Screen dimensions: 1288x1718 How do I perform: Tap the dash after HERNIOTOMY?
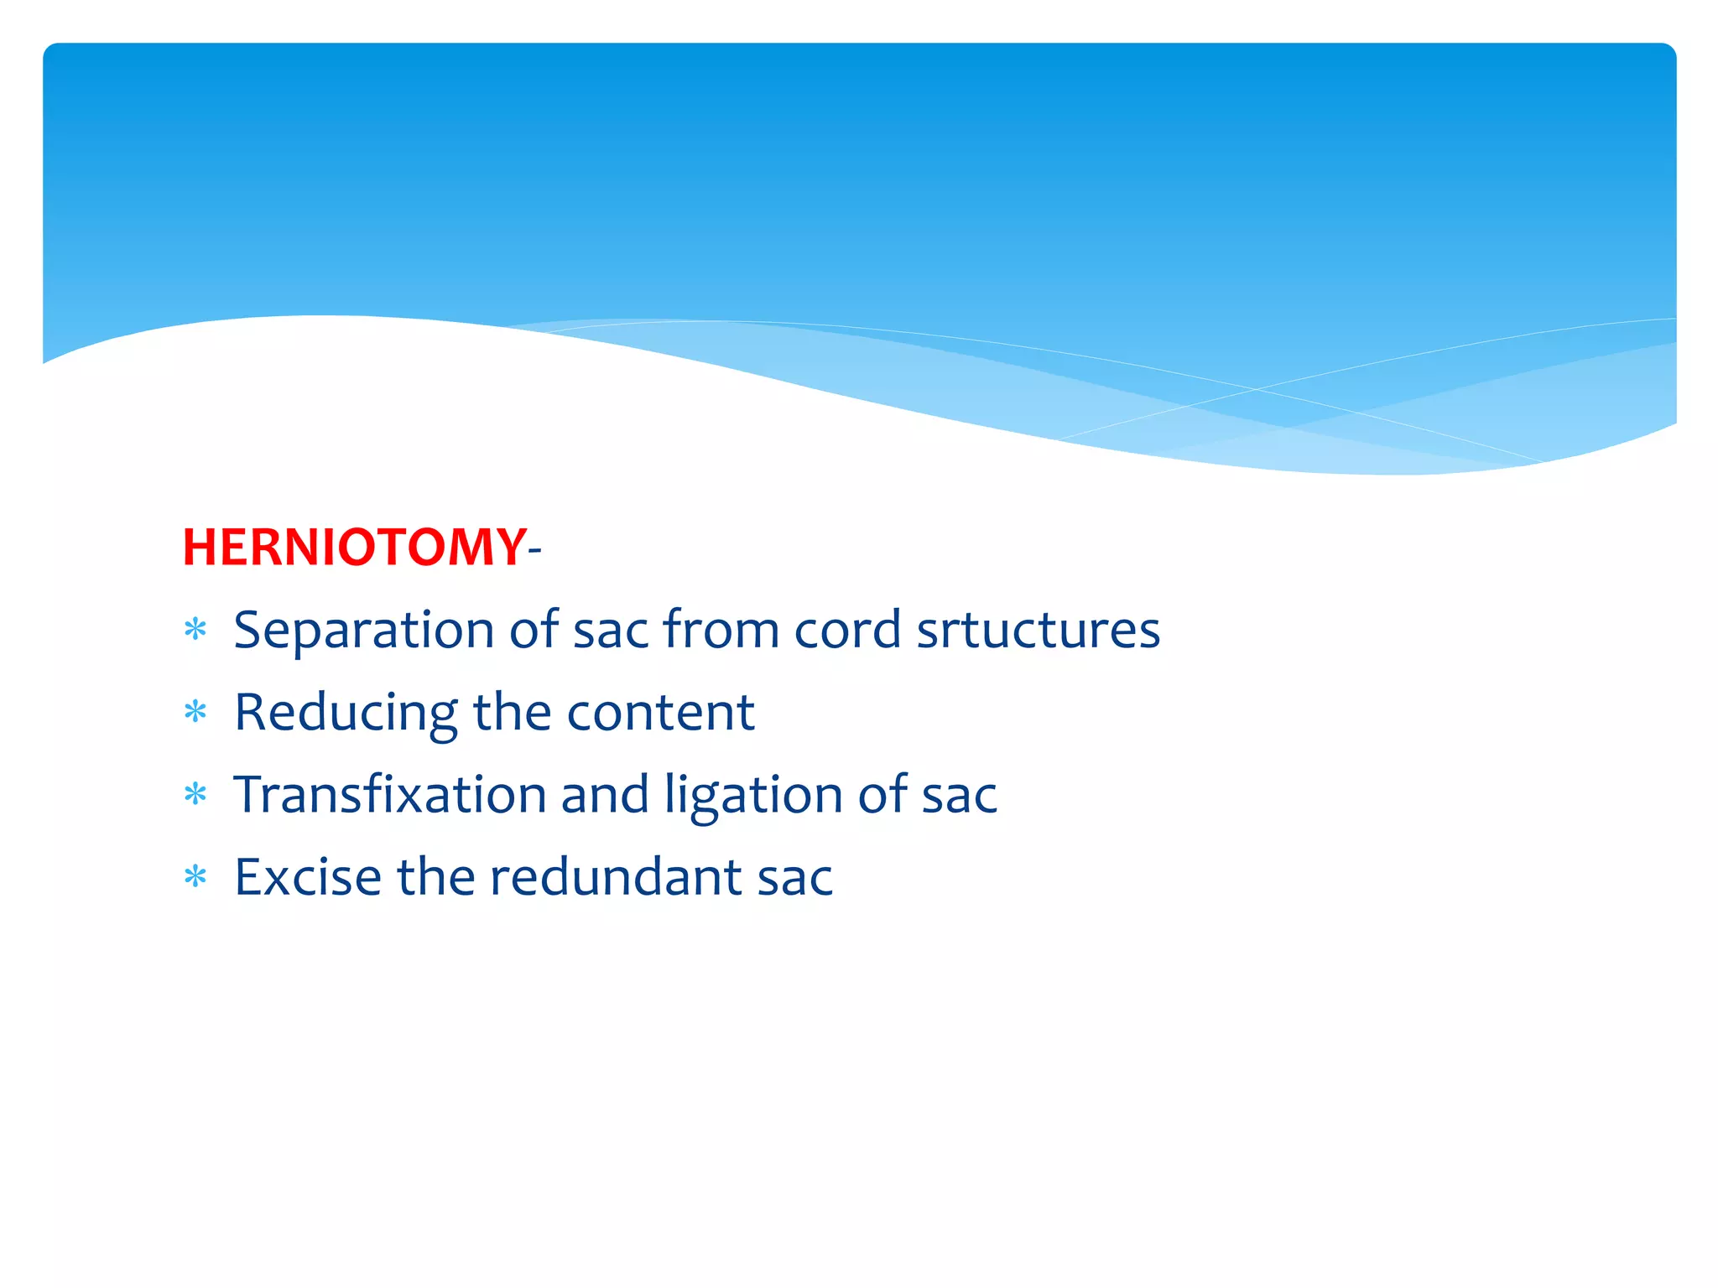(x=535, y=551)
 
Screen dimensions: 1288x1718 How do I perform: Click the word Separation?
(x=364, y=631)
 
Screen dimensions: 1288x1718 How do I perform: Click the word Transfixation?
(x=389, y=794)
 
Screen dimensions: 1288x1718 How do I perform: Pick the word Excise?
(x=308, y=877)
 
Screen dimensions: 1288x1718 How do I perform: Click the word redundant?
(x=616, y=877)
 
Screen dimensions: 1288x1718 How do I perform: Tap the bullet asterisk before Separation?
(x=195, y=630)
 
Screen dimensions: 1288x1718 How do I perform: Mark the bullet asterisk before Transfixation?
(x=195, y=794)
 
